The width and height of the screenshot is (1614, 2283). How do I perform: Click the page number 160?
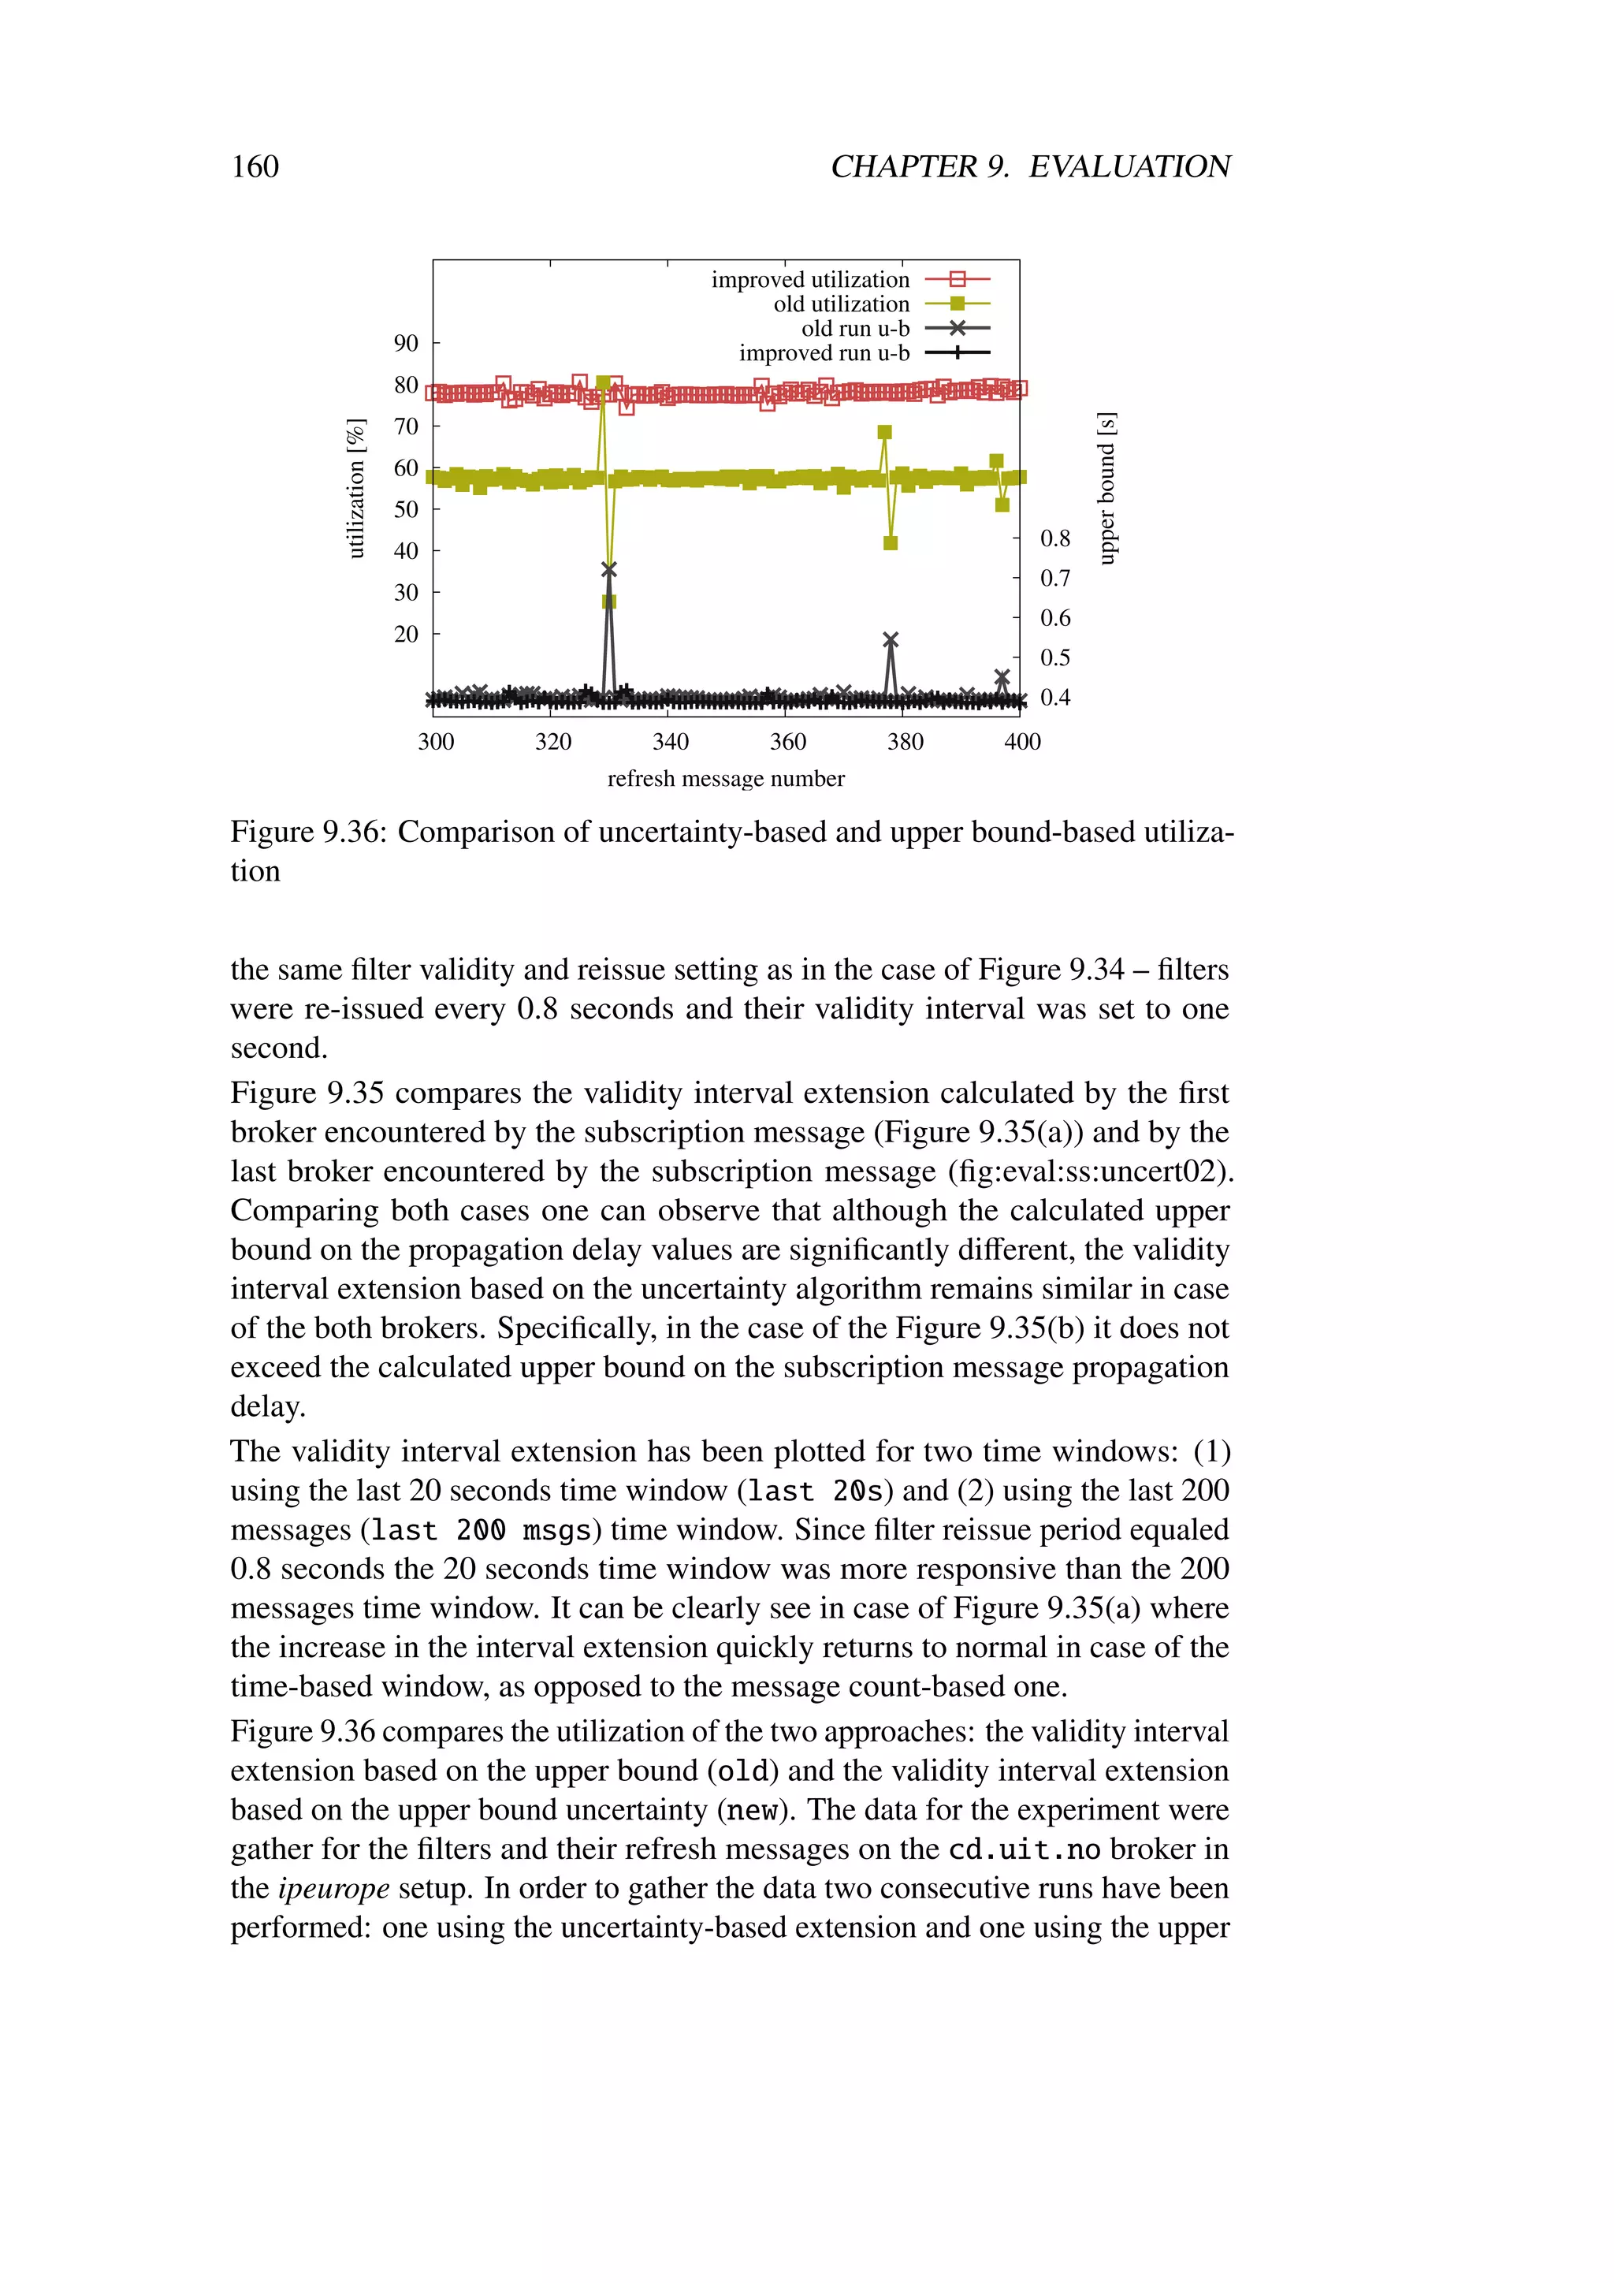(x=255, y=166)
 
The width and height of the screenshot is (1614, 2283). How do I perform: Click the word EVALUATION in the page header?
(x=1129, y=166)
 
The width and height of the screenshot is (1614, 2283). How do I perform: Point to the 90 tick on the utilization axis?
(x=406, y=343)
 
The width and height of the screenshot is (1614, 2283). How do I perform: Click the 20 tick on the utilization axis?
(x=406, y=633)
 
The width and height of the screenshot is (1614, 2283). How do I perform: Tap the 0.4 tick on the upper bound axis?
(x=1054, y=697)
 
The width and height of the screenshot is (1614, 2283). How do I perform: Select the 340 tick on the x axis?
(x=670, y=742)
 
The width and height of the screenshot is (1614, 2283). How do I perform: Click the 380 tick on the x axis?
(x=905, y=742)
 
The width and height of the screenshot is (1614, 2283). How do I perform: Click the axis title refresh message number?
(x=726, y=779)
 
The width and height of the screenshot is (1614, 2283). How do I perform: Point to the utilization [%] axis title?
(x=355, y=488)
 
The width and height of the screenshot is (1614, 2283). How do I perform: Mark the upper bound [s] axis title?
(x=1106, y=488)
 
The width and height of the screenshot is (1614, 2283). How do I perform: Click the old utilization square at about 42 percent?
(x=891, y=543)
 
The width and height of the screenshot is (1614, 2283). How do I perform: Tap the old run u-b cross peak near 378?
(x=891, y=639)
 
